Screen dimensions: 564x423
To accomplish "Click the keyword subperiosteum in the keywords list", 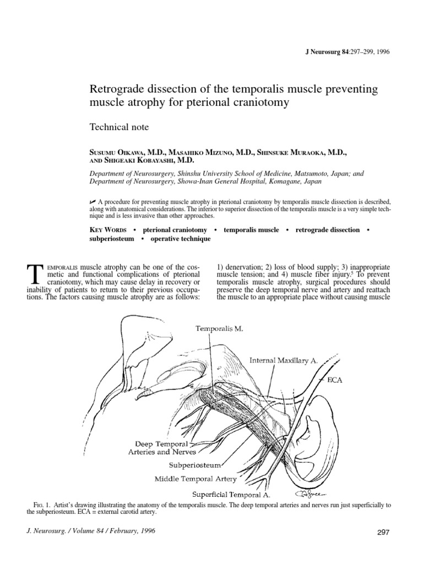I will click(112, 239).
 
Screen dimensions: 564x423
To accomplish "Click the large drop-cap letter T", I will click(34, 275).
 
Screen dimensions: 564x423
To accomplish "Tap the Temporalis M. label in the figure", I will click(219, 328).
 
